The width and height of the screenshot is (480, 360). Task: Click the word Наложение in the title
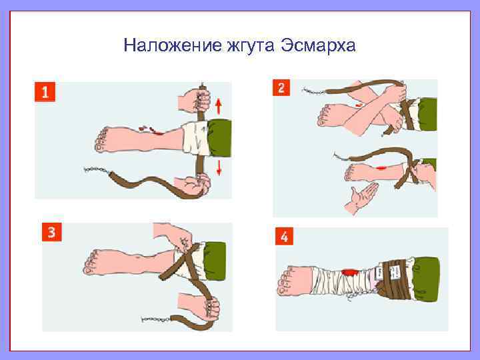[x=173, y=45]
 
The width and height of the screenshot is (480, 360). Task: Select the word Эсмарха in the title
[x=318, y=46]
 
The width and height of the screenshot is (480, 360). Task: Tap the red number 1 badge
[x=45, y=92]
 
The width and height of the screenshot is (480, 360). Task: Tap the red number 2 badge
[x=281, y=87]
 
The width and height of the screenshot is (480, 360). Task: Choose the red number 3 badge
[x=52, y=232]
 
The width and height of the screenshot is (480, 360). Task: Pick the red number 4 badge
[x=284, y=236]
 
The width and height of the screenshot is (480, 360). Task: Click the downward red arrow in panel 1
[x=219, y=168]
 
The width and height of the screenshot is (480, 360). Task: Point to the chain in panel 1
[x=96, y=170]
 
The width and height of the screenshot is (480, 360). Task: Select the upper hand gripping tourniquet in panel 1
[x=195, y=100]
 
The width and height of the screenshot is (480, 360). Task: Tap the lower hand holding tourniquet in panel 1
[x=193, y=185]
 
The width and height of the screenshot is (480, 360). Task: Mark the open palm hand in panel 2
[x=361, y=197]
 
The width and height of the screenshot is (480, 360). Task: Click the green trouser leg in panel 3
[x=215, y=261]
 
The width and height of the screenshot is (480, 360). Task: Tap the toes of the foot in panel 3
[x=90, y=263]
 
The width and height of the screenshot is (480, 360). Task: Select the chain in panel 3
[x=155, y=319]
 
